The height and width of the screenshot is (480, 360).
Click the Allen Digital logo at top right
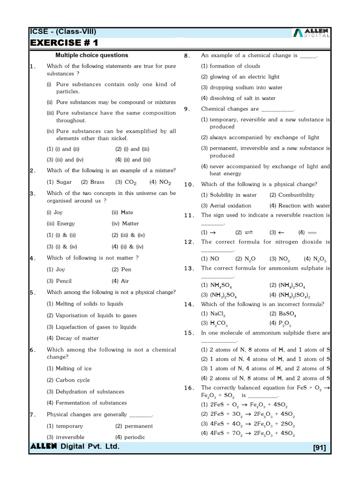click(x=311, y=32)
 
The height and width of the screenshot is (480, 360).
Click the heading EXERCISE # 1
click(x=64, y=43)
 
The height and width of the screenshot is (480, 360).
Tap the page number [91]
click(x=319, y=448)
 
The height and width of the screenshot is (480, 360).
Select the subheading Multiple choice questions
click(x=91, y=55)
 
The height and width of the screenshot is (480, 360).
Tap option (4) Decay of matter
click(x=73, y=338)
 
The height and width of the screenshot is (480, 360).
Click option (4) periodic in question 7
click(x=130, y=437)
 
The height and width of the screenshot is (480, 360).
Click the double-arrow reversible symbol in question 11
click(x=249, y=232)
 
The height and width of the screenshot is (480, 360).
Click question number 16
click(x=188, y=388)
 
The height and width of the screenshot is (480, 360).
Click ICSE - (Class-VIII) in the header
click(x=63, y=32)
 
